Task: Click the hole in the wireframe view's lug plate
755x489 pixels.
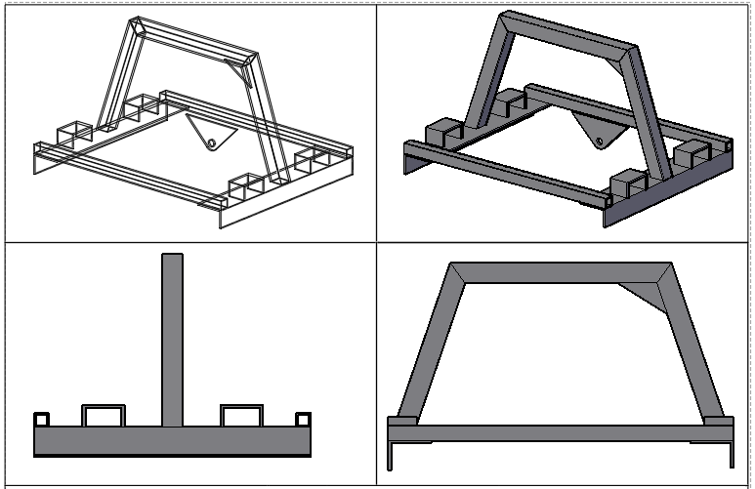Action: [211, 143]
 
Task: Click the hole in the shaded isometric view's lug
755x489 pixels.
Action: [598, 144]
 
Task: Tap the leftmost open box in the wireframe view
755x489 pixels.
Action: [74, 134]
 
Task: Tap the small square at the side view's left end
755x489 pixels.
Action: [42, 419]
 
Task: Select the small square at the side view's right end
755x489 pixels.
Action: [302, 419]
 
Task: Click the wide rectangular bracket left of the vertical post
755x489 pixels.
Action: [103, 415]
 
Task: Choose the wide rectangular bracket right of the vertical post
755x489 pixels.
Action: [241, 415]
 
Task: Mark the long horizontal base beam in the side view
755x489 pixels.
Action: [172, 440]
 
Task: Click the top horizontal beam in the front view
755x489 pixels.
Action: [557, 272]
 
